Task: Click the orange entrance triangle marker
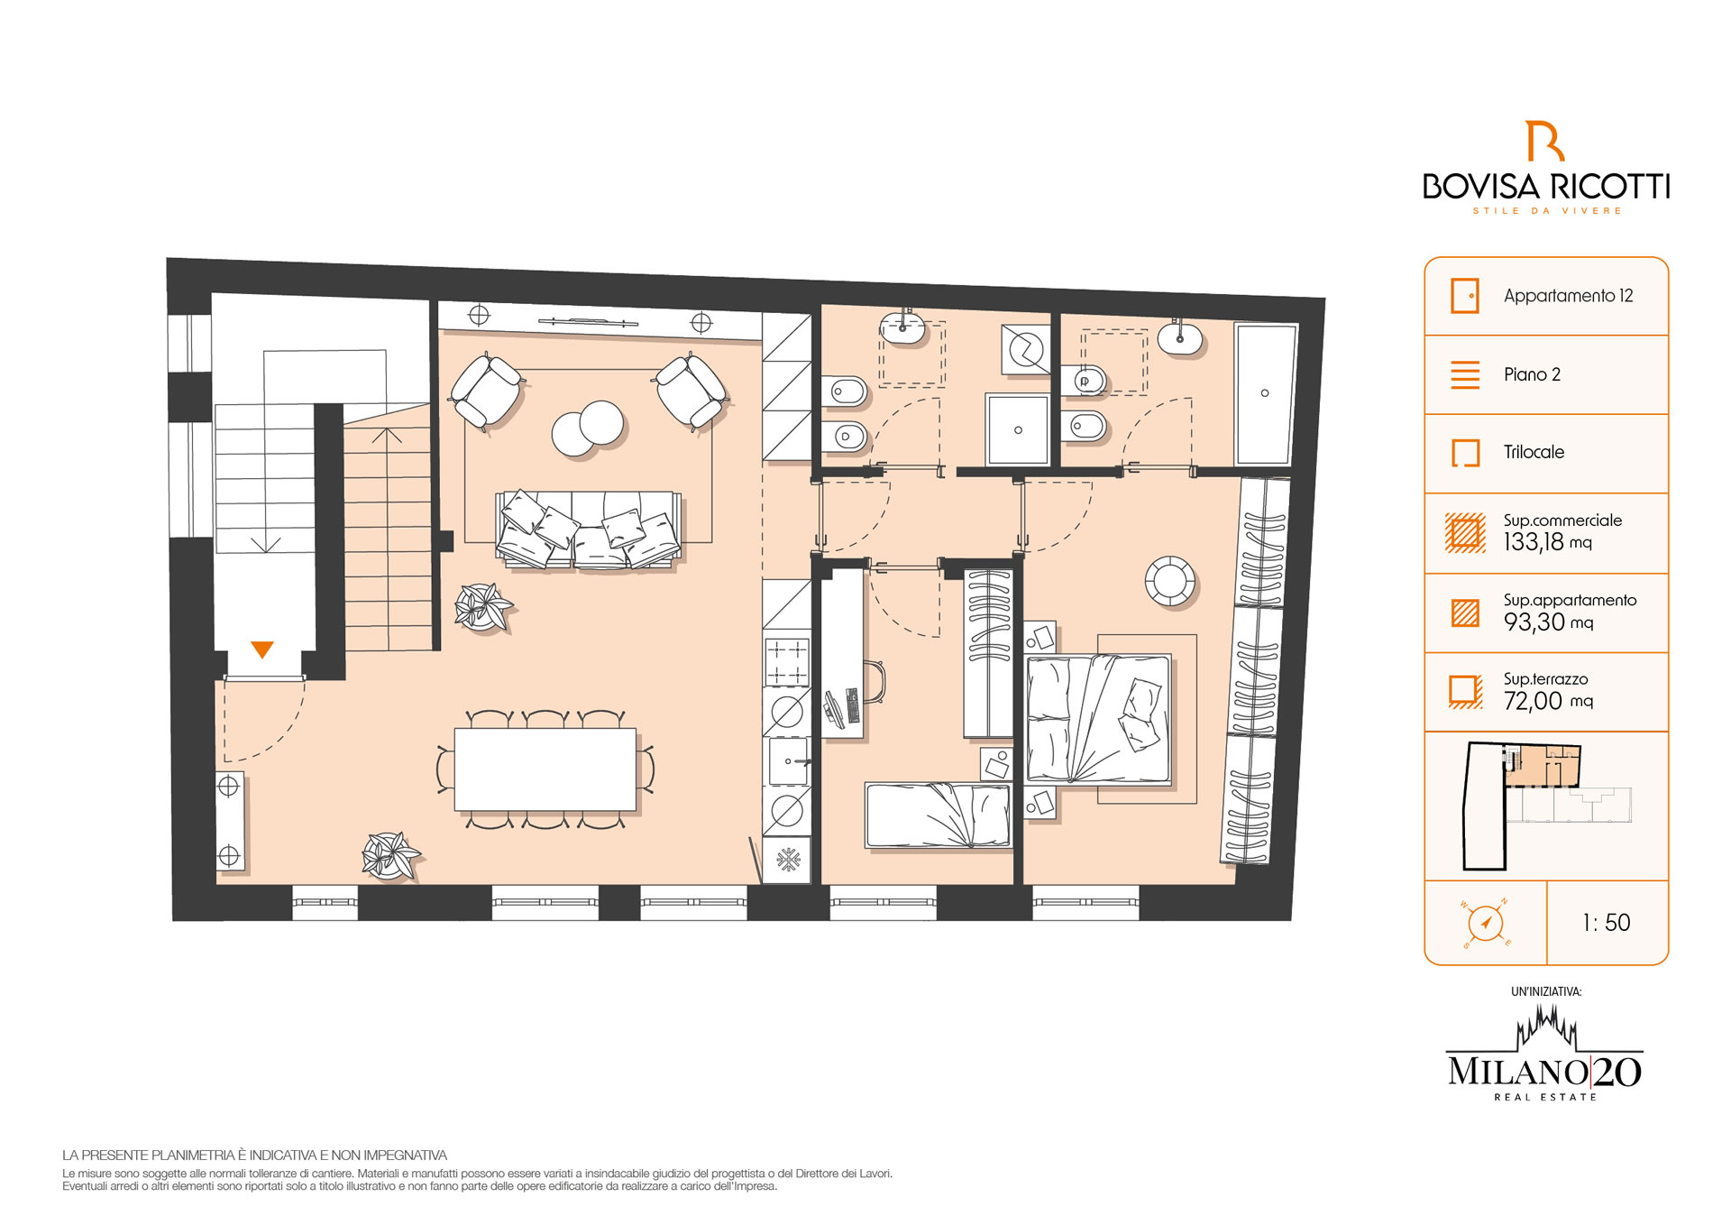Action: [262, 649]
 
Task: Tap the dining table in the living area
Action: [545, 769]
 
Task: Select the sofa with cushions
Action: [589, 530]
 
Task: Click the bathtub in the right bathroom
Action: [1265, 393]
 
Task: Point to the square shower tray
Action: [1018, 429]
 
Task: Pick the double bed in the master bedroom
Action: [1099, 720]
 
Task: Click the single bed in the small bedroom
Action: [938, 815]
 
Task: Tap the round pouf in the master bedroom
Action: [1170, 580]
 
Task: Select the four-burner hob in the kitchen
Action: [787, 662]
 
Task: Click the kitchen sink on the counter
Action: [787, 762]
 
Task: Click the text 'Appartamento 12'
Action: [1568, 296]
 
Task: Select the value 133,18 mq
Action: [1547, 542]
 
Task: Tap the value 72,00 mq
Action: [1547, 701]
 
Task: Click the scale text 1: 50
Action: [1606, 923]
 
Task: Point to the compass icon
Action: [1485, 923]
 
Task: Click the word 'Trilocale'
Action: [1534, 452]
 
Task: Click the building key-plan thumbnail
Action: [1546, 806]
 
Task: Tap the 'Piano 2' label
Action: [1532, 374]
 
